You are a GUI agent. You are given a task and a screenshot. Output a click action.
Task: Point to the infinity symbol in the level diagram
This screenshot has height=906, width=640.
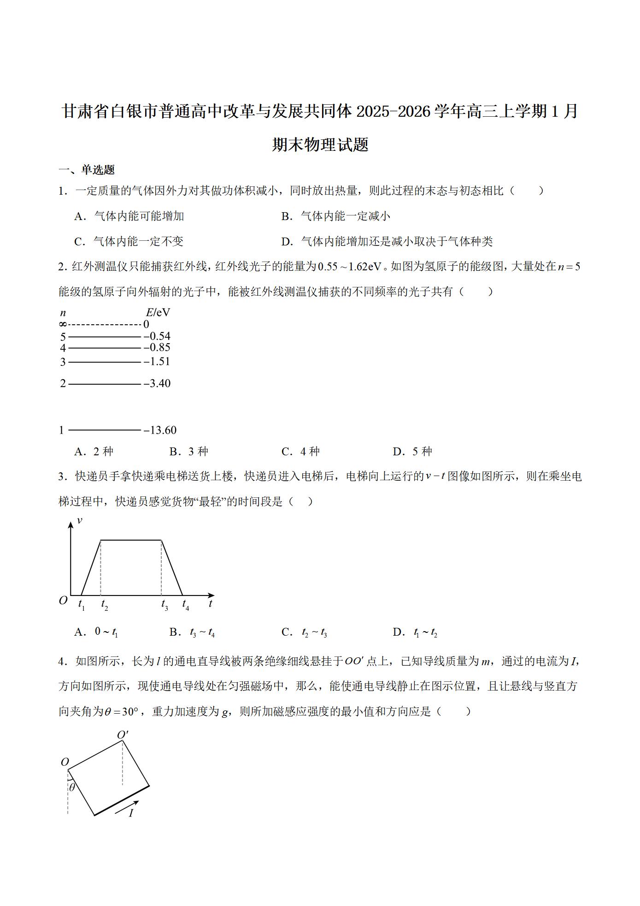pyautogui.click(x=63, y=325)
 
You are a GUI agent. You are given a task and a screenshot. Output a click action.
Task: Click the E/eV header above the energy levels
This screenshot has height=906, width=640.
pyautogui.click(x=158, y=313)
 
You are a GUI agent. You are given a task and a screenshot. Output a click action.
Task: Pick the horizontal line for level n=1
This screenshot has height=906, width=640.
pyautogui.click(x=104, y=430)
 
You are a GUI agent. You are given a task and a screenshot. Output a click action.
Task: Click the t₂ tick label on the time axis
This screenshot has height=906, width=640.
pyautogui.click(x=105, y=604)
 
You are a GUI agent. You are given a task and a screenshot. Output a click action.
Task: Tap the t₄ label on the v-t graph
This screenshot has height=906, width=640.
pyautogui.click(x=185, y=604)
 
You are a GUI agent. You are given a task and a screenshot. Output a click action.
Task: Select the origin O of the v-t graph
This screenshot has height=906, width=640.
pyautogui.click(x=63, y=600)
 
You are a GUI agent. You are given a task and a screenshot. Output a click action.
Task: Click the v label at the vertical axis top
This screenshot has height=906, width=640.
pyautogui.click(x=79, y=520)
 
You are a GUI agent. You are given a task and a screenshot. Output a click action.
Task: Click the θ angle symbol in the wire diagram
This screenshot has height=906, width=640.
pyautogui.click(x=72, y=787)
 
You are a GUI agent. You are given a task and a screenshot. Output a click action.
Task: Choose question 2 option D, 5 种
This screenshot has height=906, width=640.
pyautogui.click(x=413, y=452)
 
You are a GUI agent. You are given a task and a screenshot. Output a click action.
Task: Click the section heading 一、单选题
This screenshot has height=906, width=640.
pyautogui.click(x=87, y=170)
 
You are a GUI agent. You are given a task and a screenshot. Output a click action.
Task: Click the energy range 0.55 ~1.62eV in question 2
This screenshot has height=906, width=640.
pyautogui.click(x=350, y=267)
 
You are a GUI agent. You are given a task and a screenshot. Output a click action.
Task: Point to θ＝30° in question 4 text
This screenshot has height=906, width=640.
pyautogui.click(x=121, y=712)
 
